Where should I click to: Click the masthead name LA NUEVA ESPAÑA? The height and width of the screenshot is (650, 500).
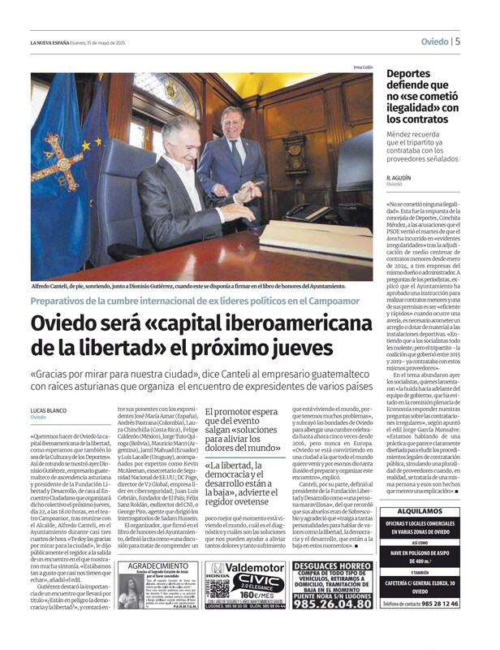(x=50, y=42)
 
